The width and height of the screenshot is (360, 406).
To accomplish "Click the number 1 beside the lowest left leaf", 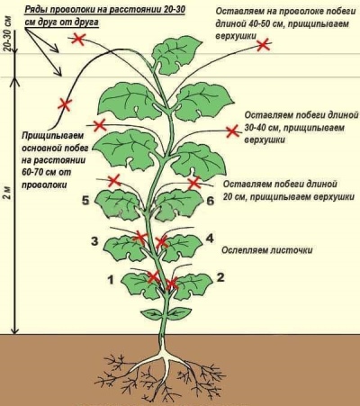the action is point(111,280).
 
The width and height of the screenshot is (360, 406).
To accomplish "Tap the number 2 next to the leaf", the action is point(220,277).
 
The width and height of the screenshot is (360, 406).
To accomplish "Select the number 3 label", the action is point(94,241).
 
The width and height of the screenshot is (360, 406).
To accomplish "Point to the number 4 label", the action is point(210,239).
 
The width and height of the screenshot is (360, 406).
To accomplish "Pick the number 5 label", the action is point(85,200).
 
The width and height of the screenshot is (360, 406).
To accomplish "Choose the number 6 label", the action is point(211,201).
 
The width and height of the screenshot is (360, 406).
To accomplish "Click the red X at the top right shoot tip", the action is point(263,45).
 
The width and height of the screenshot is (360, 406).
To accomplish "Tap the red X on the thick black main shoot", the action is point(65,104).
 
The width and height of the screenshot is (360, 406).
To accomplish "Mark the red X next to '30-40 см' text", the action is point(232,131).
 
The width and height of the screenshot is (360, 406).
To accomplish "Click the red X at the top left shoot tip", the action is point(78,40).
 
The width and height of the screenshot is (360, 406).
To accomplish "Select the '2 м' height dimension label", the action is point(8,193).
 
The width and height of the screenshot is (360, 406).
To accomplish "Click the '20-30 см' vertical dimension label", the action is point(8,36).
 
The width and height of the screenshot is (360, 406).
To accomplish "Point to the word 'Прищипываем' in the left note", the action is point(52,136).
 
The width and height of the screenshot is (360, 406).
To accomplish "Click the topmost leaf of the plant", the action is point(175,55).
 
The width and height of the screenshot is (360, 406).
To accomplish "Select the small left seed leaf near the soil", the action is point(152,314).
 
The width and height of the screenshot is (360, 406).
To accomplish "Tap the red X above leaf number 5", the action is point(114,181).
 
